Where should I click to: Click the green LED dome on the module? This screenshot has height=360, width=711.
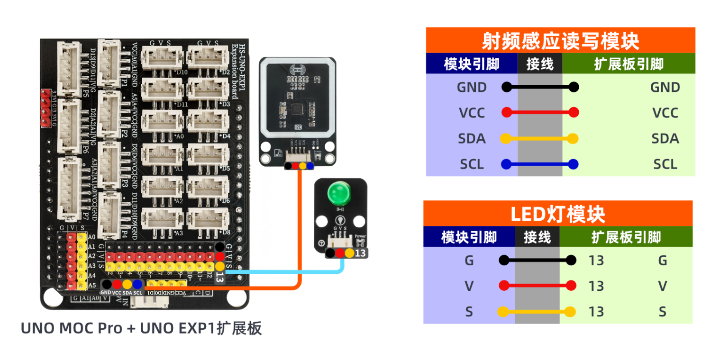point(338,193)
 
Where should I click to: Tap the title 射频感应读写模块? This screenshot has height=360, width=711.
point(560,41)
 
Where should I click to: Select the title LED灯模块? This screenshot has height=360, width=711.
point(557,215)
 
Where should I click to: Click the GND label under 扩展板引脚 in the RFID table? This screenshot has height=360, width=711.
point(665,87)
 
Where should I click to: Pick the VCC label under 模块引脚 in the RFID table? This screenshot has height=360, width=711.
point(472,113)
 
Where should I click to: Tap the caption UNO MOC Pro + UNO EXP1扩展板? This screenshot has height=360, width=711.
point(141,328)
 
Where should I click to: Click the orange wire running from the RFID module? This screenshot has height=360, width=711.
point(300,227)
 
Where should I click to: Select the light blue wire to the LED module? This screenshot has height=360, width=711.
point(284,272)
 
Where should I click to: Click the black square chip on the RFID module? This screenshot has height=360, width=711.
point(297,108)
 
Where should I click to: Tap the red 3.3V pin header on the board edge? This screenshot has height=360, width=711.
point(46,108)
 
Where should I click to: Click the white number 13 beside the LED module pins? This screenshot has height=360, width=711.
point(361,253)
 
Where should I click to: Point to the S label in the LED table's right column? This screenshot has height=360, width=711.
point(662,312)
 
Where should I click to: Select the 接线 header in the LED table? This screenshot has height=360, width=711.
point(537,237)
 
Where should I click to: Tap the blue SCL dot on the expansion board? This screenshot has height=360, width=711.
point(137,284)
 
